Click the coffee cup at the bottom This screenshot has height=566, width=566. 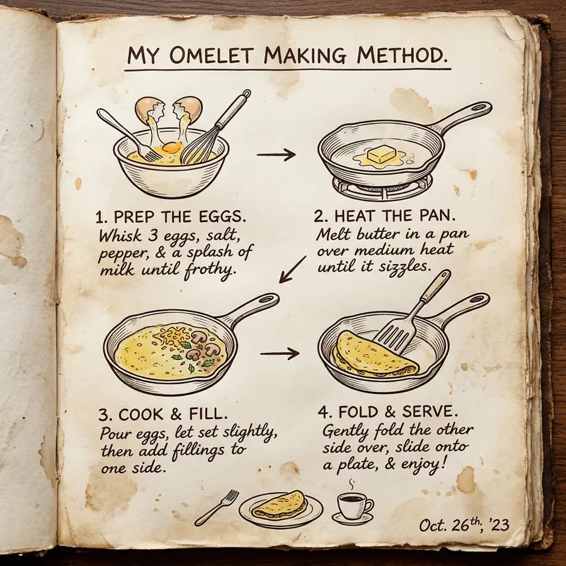[x=352, y=505]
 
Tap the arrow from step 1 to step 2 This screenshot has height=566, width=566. [x=276, y=154]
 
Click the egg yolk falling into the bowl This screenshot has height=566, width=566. [x=171, y=148]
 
